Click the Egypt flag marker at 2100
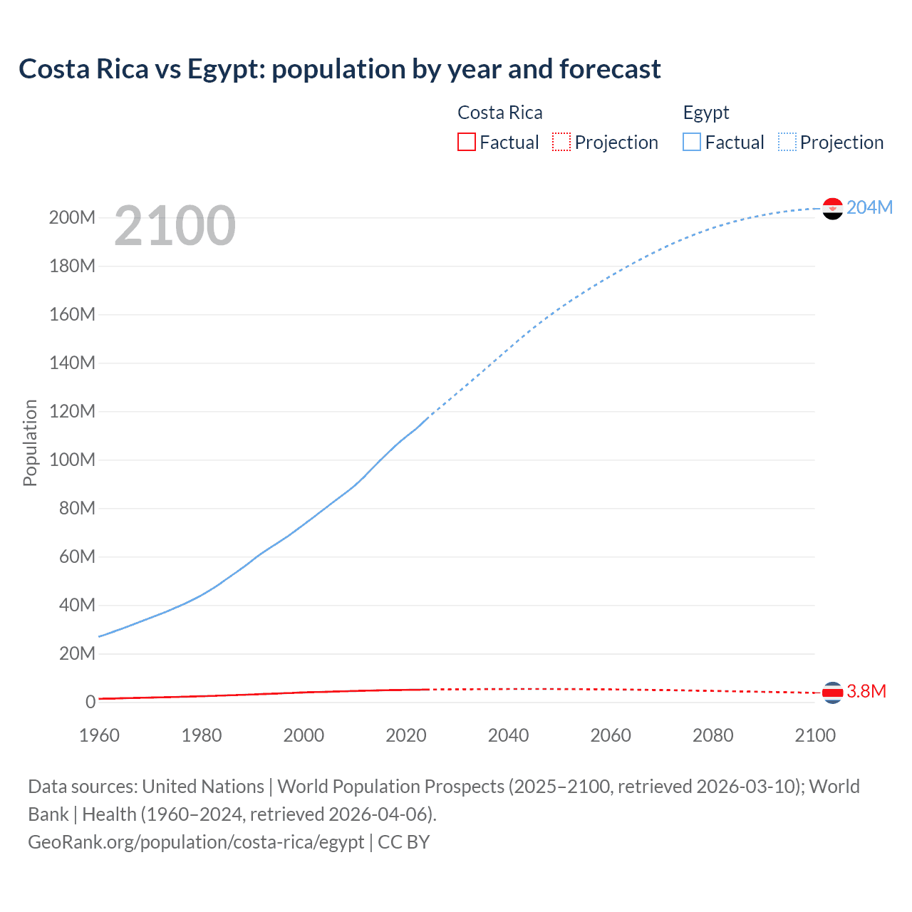pyautogui.click(x=832, y=209)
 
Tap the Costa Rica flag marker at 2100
pyautogui.click(x=832, y=692)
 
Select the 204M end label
pyautogui.click(x=869, y=207)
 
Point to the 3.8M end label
pyautogui.click(x=866, y=691)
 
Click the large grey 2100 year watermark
pyautogui.click(x=175, y=226)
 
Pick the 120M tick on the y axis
pyautogui.click(x=72, y=411)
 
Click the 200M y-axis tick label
pyautogui.click(x=72, y=217)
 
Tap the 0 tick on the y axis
pyautogui.click(x=90, y=702)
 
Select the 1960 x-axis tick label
pyautogui.click(x=99, y=735)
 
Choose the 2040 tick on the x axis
pyautogui.click(x=508, y=735)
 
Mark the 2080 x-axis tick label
pyautogui.click(x=712, y=735)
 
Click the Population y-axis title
pyautogui.click(x=30, y=442)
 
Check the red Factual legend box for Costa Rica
pyautogui.click(x=466, y=142)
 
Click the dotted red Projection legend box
pyautogui.click(x=561, y=142)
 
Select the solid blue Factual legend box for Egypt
pyautogui.click(x=692, y=142)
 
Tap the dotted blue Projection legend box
pyautogui.click(x=787, y=142)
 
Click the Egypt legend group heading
pyautogui.click(x=705, y=113)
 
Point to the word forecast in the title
pyautogui.click(x=610, y=69)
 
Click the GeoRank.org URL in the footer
pyautogui.click(x=196, y=841)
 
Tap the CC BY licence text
pyautogui.click(x=404, y=841)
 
